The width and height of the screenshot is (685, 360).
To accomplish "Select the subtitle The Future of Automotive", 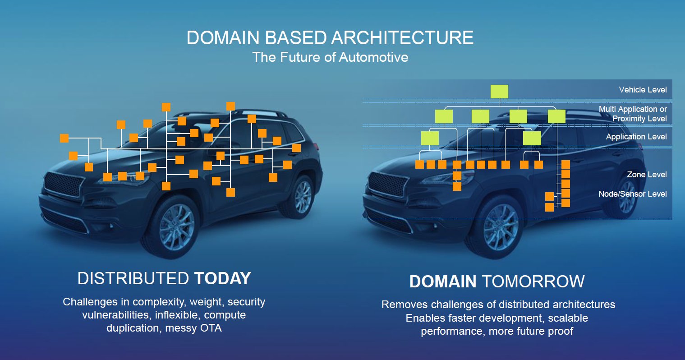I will click(x=330, y=57).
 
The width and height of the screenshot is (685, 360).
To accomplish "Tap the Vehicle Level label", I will click(x=643, y=90).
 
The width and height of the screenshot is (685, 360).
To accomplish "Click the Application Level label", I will click(x=636, y=137).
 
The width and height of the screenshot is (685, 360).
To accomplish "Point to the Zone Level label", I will click(x=647, y=175).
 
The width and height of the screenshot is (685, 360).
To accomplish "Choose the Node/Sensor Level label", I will click(x=632, y=194).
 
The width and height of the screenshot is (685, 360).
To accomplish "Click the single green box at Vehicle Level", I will click(x=499, y=92).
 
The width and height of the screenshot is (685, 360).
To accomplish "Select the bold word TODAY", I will click(x=222, y=278).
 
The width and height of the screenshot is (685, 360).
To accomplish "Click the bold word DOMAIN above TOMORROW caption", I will click(x=442, y=282).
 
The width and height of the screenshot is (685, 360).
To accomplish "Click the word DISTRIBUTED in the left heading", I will click(x=133, y=278).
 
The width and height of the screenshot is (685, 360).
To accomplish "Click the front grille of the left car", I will click(x=64, y=185).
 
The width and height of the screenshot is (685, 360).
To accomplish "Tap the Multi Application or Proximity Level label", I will click(x=633, y=114).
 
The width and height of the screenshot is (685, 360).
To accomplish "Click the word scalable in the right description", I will click(x=568, y=318).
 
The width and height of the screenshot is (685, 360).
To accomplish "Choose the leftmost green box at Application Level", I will click(x=430, y=138).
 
